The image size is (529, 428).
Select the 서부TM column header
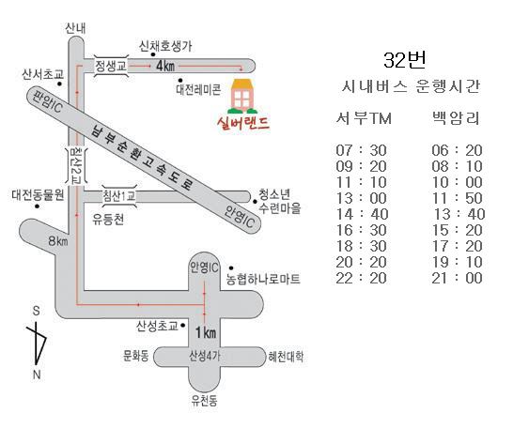[x=364, y=118]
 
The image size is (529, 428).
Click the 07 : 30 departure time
[x=363, y=149]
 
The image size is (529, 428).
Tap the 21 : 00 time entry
[x=457, y=278]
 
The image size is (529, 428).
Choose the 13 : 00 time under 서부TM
[x=363, y=197]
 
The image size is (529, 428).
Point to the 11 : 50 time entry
[x=457, y=197]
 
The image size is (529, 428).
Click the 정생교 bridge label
[x=111, y=65]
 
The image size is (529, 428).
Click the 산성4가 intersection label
[x=206, y=356]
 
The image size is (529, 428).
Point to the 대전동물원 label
[x=37, y=195]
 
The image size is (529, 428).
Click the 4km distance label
[x=165, y=66]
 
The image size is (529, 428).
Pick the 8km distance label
[x=58, y=242]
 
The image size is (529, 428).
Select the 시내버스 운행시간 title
[x=410, y=87]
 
